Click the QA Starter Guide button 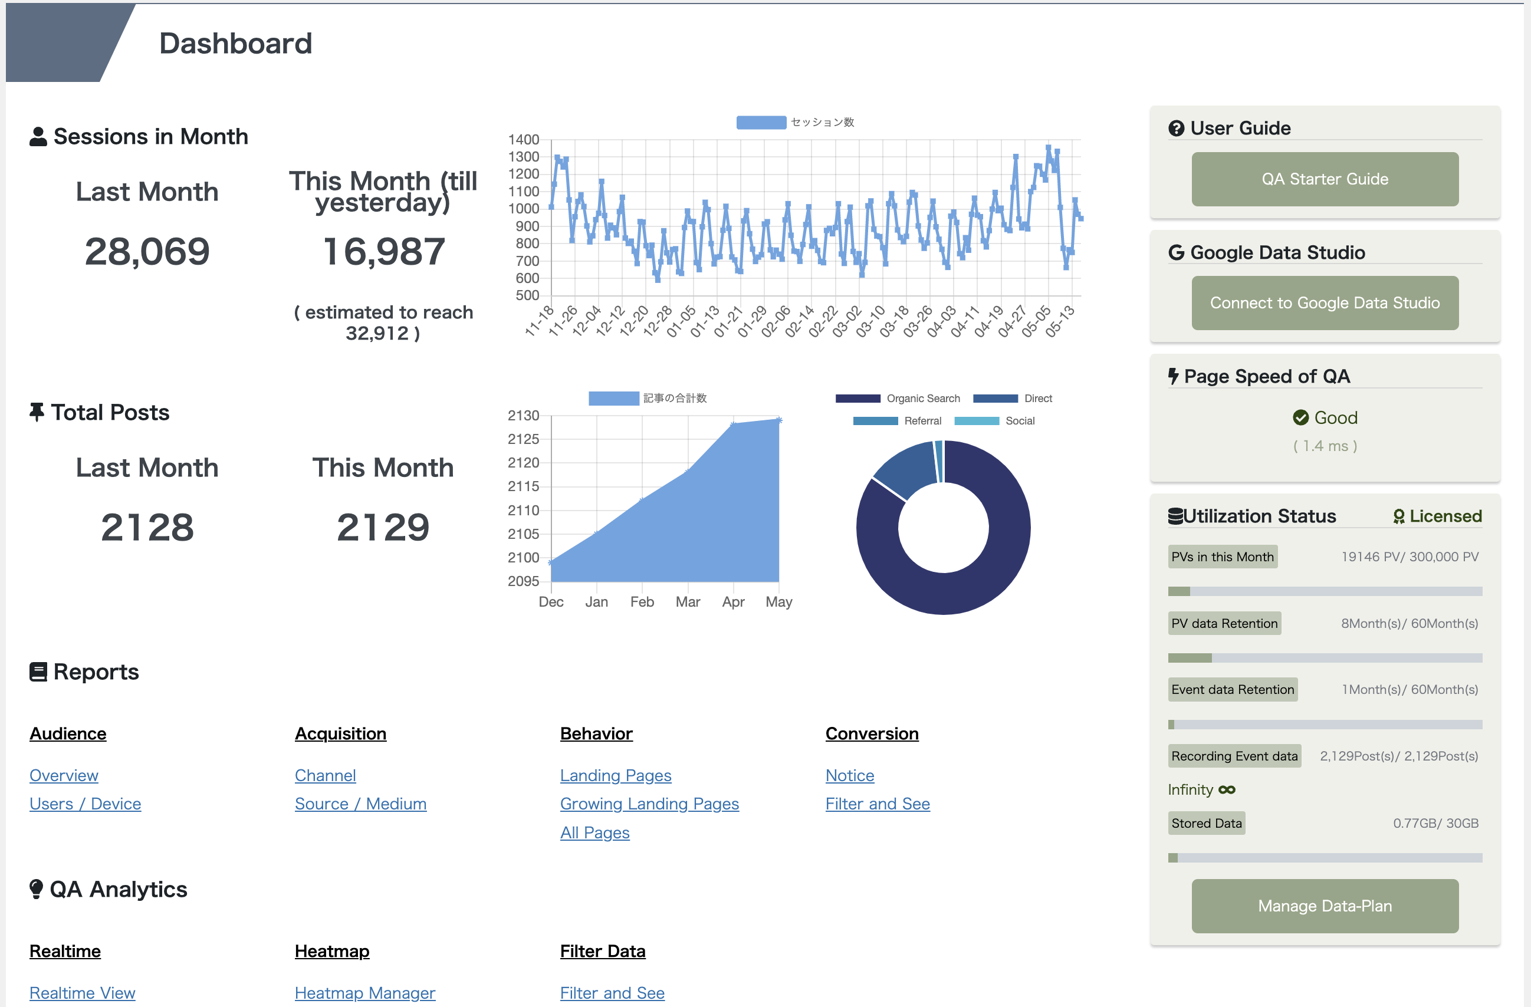pyautogui.click(x=1325, y=179)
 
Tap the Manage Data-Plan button pyautogui.click(x=1325, y=906)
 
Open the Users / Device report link pyautogui.click(x=85, y=804)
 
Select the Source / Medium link pyautogui.click(x=360, y=804)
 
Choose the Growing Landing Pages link pyautogui.click(x=649, y=804)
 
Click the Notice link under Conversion pyautogui.click(x=849, y=775)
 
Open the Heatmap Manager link pyautogui.click(x=364, y=993)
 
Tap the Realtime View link pyautogui.click(x=83, y=993)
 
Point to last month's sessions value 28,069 pyautogui.click(x=147, y=251)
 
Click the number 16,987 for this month pyautogui.click(x=383, y=251)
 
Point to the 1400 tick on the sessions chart pyautogui.click(x=524, y=140)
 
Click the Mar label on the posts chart pyautogui.click(x=688, y=602)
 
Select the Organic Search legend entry pyautogui.click(x=898, y=399)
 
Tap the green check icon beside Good pyautogui.click(x=1300, y=418)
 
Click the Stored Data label pyautogui.click(x=1206, y=823)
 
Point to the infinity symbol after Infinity pyautogui.click(x=1227, y=789)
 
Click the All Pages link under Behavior pyautogui.click(x=594, y=832)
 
